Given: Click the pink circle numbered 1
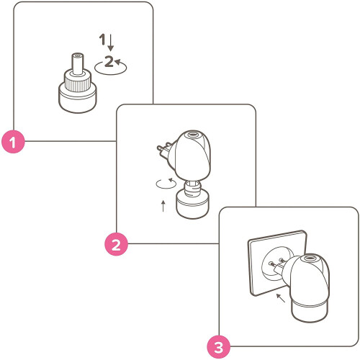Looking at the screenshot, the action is pyautogui.click(x=13, y=142).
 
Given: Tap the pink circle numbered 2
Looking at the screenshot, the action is pyautogui.click(x=116, y=244).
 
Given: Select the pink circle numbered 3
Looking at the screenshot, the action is pyautogui.click(x=219, y=347).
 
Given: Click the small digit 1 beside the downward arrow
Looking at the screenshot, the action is pyautogui.click(x=102, y=40).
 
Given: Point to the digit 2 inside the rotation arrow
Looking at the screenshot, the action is pyautogui.click(x=109, y=61).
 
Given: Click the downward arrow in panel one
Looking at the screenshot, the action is pyautogui.click(x=110, y=42).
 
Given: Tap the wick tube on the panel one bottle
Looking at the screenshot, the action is pyautogui.click(x=78, y=63).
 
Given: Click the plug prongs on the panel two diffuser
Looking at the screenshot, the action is pyautogui.click(x=163, y=148).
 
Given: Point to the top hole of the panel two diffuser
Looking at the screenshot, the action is pyautogui.click(x=192, y=135).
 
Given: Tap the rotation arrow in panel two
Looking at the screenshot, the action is pyautogui.click(x=166, y=184).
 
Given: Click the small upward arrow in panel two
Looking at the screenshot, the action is pyautogui.click(x=163, y=206).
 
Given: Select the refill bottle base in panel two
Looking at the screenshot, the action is pyautogui.click(x=192, y=205).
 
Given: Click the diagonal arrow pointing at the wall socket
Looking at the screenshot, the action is pyautogui.click(x=281, y=298).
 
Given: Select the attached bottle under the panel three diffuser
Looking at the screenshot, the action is pyautogui.click(x=310, y=311).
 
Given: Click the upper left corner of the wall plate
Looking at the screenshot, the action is pyautogui.click(x=248, y=240).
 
